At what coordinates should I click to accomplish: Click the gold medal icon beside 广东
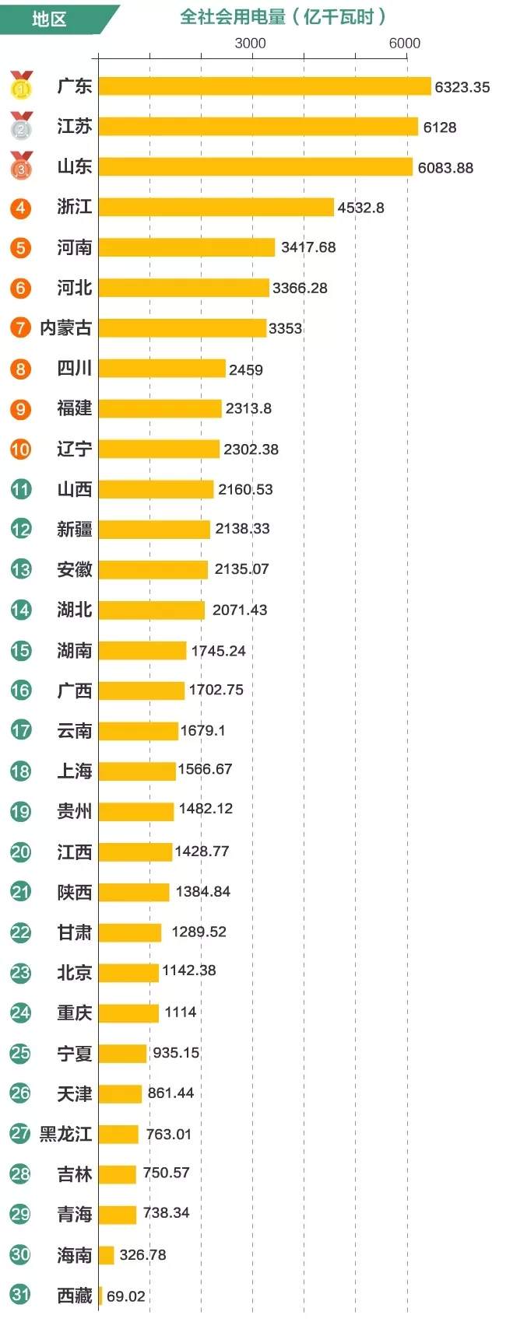pyautogui.click(x=22, y=86)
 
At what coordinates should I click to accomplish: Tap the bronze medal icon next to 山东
pyautogui.click(x=22, y=166)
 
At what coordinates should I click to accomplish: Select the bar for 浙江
pyautogui.click(x=216, y=207)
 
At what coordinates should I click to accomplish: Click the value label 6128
pyautogui.click(x=439, y=127)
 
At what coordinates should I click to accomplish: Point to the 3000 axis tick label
pyautogui.click(x=250, y=43)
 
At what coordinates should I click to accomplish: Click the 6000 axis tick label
pyautogui.click(x=404, y=43)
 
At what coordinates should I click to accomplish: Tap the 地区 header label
pyautogui.click(x=49, y=19)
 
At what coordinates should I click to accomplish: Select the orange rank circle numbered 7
pyautogui.click(x=21, y=328)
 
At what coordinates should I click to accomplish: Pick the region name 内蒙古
pyautogui.click(x=66, y=328)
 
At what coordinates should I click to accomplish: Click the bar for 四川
pyautogui.click(x=162, y=369)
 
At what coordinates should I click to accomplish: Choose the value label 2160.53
pyautogui.click(x=245, y=489)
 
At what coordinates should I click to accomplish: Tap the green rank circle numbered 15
pyautogui.click(x=21, y=650)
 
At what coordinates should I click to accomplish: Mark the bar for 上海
pyautogui.click(x=137, y=771)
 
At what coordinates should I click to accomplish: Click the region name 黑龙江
pyautogui.click(x=66, y=1134)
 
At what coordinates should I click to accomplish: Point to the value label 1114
pyautogui.click(x=180, y=1012)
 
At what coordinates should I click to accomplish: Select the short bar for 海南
pyautogui.click(x=106, y=1255)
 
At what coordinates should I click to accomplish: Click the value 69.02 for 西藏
pyautogui.click(x=125, y=1296)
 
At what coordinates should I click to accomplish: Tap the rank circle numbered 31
pyautogui.click(x=21, y=1295)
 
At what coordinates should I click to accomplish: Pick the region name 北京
pyautogui.click(x=74, y=972)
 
